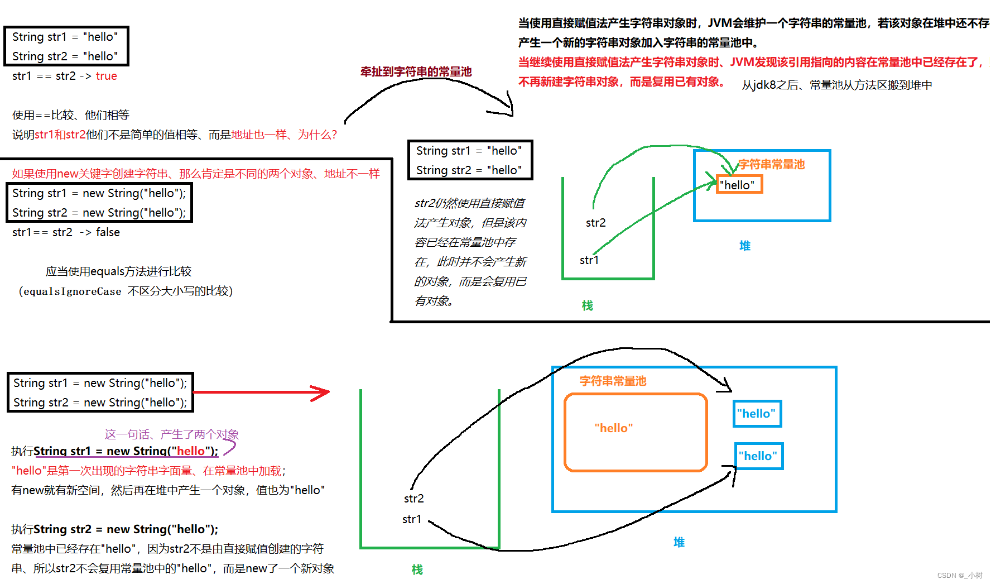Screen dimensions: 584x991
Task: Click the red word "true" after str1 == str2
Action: point(106,76)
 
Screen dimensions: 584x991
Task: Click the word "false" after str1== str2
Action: point(108,232)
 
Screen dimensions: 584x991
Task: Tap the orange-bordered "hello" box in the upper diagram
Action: point(739,185)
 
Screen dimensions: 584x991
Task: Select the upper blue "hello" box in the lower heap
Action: point(757,414)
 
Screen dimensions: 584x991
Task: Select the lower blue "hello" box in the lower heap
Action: point(758,456)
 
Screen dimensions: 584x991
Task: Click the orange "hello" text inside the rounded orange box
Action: point(614,428)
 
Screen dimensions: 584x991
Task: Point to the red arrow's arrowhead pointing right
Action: point(323,392)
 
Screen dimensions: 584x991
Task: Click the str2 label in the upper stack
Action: point(595,223)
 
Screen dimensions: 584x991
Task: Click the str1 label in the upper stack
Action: point(589,260)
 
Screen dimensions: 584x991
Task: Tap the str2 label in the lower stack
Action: point(413,499)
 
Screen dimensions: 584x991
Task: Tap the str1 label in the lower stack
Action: point(412,519)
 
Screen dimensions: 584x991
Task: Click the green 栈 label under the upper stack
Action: point(587,305)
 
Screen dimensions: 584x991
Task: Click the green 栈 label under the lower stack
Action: point(417,569)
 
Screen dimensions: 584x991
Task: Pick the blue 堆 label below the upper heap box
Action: point(744,246)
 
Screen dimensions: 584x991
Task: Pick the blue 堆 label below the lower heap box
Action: point(679,542)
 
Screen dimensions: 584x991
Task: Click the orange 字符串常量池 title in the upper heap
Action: point(771,164)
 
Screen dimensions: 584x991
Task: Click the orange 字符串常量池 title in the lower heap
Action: point(613,381)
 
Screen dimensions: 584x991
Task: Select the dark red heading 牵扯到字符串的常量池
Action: point(416,71)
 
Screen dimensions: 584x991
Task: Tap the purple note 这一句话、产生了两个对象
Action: point(171,434)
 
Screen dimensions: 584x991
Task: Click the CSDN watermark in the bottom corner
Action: point(959,575)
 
